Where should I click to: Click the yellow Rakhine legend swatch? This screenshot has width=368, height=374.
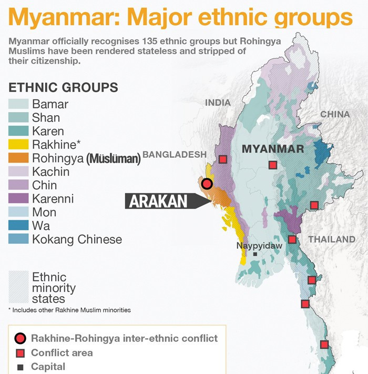click(18, 145)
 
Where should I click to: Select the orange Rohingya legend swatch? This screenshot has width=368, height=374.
click(18, 158)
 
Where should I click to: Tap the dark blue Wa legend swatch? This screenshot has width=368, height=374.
click(18, 226)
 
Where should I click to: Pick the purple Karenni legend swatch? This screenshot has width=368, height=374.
click(18, 199)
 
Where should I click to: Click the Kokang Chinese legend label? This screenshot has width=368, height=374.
click(77, 240)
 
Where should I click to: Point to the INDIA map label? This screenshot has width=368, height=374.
click(218, 103)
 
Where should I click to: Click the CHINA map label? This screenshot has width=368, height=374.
click(334, 114)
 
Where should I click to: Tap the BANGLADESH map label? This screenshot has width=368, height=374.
click(175, 155)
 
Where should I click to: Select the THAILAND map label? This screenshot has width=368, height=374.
click(332, 239)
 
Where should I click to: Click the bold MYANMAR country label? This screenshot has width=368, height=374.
click(273, 149)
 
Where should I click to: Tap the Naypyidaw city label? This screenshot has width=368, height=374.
click(259, 246)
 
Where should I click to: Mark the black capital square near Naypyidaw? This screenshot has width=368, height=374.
click(255, 254)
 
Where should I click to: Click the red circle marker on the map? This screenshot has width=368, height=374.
click(207, 184)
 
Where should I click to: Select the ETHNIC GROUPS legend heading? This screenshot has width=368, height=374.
click(63, 87)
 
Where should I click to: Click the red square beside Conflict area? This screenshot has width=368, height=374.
click(20, 353)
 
